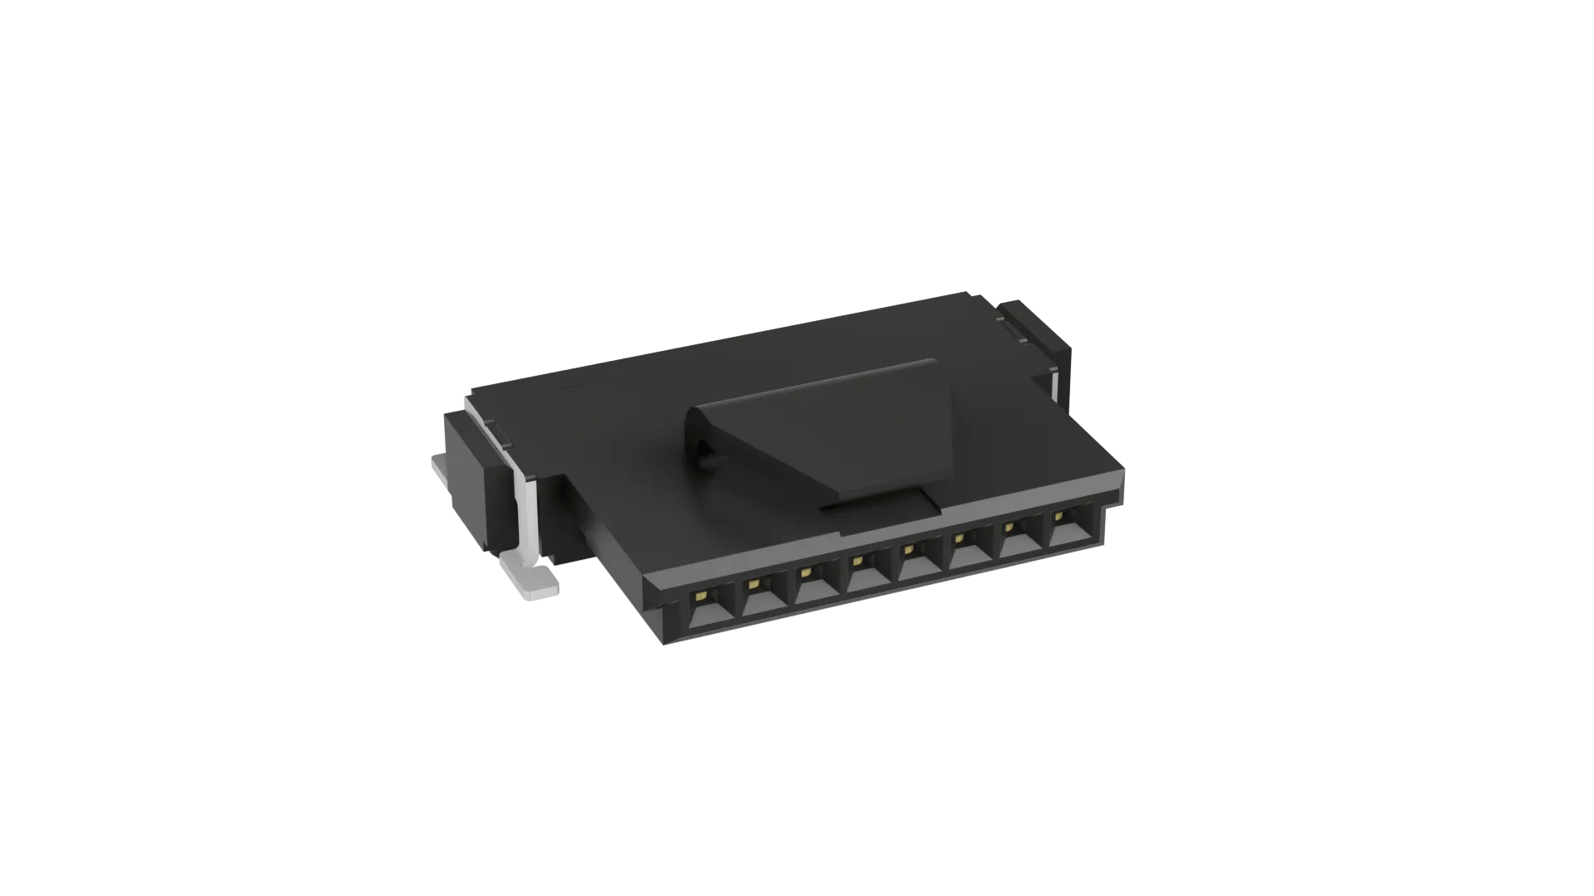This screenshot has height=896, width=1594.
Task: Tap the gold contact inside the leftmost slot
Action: coord(702,596)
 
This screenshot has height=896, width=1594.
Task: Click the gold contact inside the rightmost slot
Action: coord(1059,516)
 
